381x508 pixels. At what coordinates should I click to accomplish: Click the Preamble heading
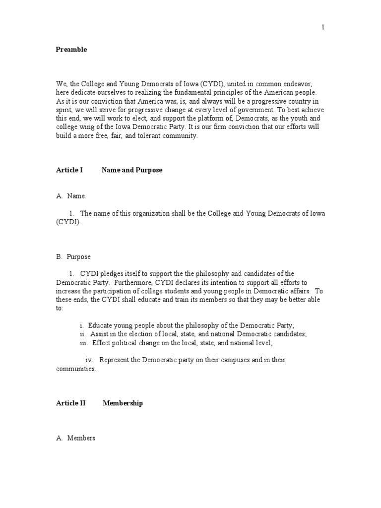(71, 50)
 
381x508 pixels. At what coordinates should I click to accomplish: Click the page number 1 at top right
(323, 27)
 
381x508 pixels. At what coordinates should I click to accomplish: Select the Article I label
(69, 170)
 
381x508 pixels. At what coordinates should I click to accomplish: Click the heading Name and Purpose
(132, 170)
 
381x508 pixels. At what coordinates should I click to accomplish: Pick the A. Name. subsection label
(71, 196)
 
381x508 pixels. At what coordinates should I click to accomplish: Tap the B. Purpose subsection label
(73, 257)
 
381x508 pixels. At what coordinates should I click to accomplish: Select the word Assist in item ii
(99, 334)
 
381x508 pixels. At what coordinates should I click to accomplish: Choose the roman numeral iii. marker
(83, 343)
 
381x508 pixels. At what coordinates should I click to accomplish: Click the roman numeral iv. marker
(89, 360)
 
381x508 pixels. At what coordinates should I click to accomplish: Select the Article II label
(71, 403)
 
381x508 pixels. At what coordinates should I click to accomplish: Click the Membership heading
(123, 403)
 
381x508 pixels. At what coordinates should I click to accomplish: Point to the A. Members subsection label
(75, 438)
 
